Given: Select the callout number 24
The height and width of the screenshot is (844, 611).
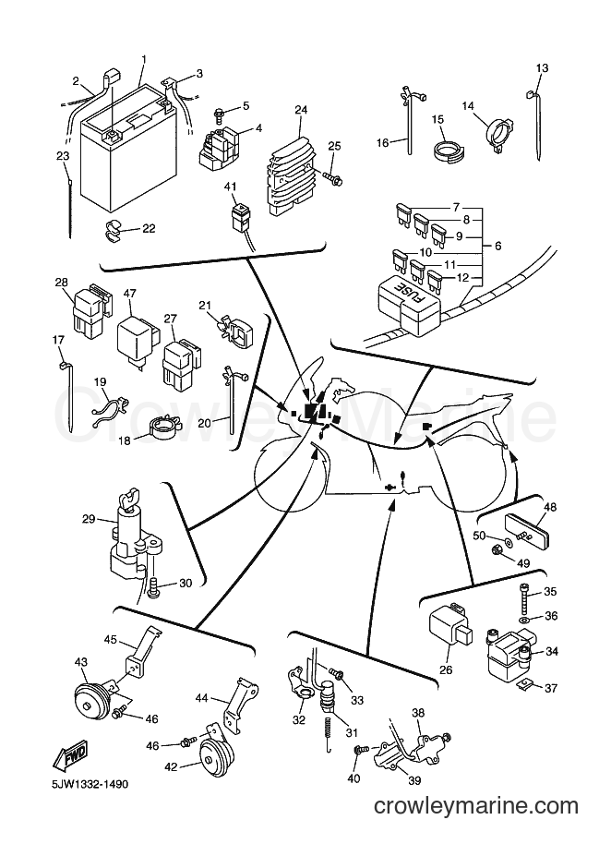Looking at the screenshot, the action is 301,110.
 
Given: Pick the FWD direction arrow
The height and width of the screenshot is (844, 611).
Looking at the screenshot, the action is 69,755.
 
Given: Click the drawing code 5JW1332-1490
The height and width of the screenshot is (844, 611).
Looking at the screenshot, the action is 83,784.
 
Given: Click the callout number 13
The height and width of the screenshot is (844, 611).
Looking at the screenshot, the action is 542,67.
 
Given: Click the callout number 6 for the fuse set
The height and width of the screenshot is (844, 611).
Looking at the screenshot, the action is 498,246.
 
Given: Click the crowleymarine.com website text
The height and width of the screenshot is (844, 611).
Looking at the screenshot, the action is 476,806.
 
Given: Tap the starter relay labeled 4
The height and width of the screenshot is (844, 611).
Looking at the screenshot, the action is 222,144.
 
